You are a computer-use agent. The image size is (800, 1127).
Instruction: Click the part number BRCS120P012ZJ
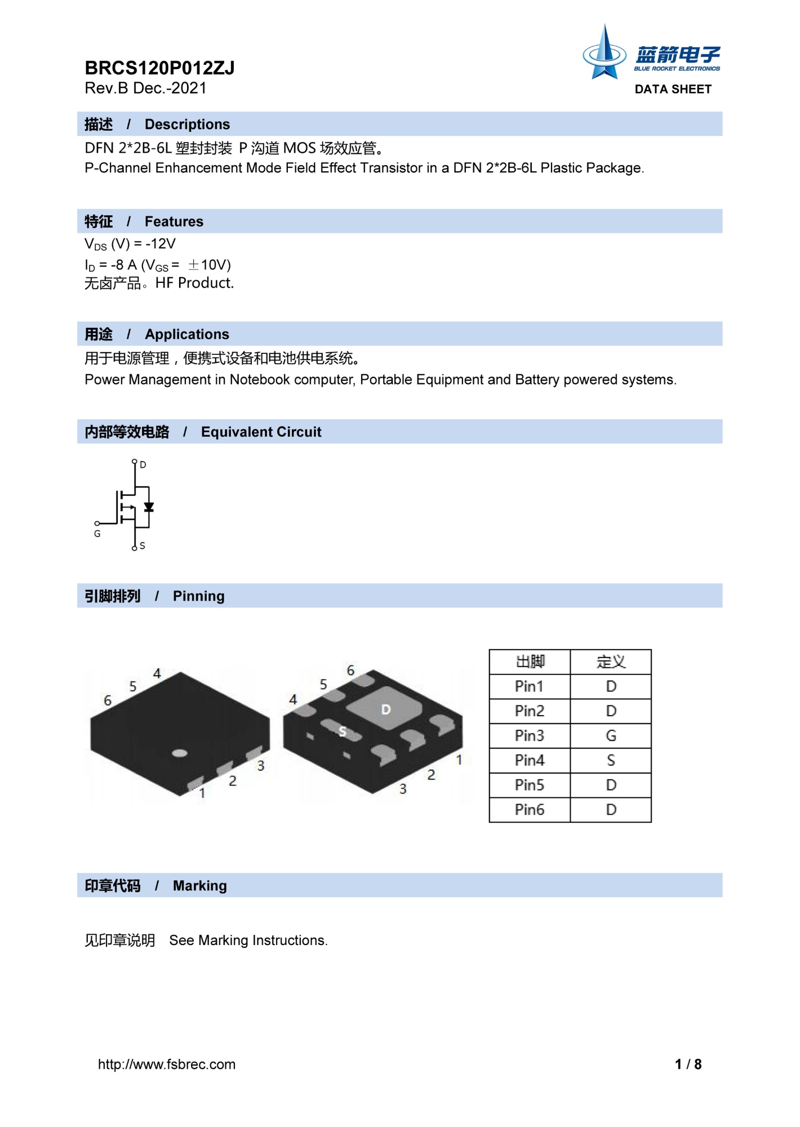[159, 68]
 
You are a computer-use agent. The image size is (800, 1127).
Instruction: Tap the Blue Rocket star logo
[605, 54]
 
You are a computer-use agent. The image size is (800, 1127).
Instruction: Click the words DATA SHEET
[673, 89]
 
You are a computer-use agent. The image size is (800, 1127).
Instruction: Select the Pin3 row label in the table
[529, 735]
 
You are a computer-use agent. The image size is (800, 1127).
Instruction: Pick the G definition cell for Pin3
[611, 735]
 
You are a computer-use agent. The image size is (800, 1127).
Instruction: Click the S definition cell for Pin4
[611, 760]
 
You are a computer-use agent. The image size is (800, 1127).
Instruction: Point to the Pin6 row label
[529, 810]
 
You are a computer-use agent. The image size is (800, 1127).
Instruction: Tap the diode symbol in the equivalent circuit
[149, 507]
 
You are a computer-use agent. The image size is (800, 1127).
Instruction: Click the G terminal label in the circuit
[97, 534]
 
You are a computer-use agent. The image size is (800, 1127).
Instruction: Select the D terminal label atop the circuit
[143, 465]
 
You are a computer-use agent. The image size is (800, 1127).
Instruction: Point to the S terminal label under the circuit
[143, 545]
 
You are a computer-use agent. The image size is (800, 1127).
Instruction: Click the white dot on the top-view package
[179, 753]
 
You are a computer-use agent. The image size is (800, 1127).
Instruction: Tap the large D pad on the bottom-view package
[385, 709]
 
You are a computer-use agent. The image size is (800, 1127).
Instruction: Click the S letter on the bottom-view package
[343, 731]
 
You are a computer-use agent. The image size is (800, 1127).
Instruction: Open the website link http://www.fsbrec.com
[167, 1064]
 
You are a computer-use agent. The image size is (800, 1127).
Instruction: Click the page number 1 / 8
[688, 1064]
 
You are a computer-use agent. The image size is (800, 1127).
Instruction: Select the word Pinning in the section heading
[198, 596]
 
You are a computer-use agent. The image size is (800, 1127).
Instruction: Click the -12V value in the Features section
[161, 244]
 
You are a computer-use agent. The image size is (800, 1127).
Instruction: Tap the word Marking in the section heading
[199, 886]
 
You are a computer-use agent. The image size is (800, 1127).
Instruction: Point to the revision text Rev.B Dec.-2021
[145, 88]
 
